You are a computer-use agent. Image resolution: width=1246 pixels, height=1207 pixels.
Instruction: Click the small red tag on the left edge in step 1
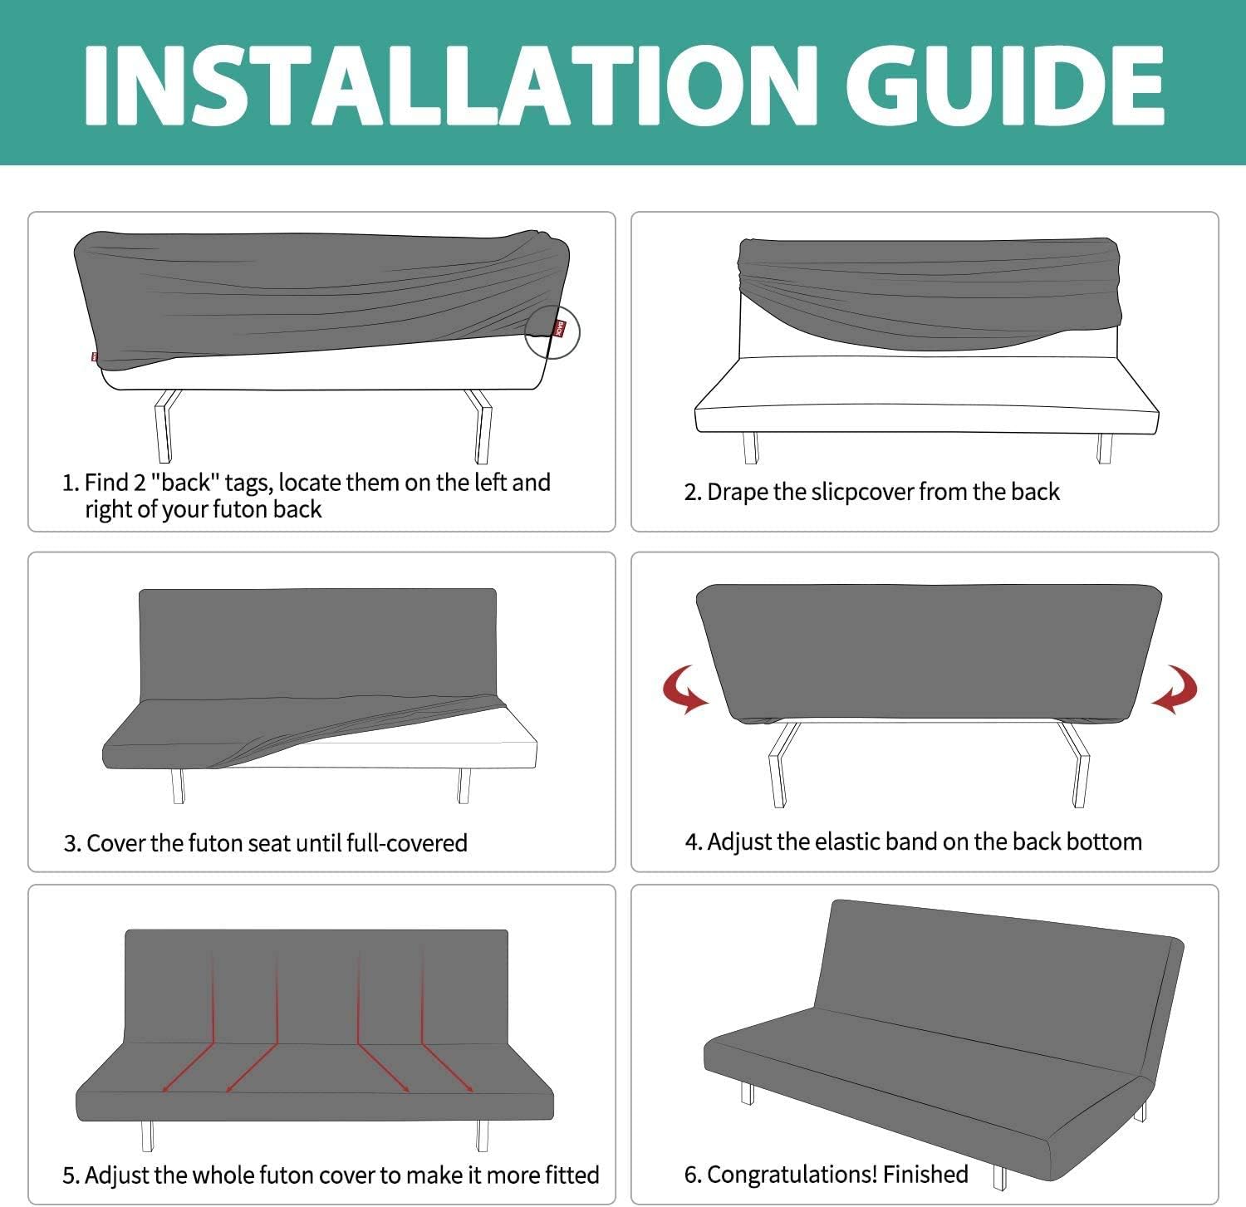(x=94, y=358)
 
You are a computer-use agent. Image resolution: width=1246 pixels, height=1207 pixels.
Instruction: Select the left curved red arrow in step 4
(x=685, y=689)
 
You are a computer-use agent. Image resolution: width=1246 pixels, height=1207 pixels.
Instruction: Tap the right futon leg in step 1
(x=481, y=425)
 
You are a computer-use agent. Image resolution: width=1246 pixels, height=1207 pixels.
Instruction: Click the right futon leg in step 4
(x=1077, y=764)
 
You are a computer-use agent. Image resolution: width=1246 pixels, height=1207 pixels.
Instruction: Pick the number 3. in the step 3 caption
(x=72, y=843)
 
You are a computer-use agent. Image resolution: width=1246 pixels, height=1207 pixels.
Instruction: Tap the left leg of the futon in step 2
(x=751, y=448)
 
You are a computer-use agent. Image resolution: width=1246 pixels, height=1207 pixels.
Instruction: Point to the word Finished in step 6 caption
(x=925, y=1174)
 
